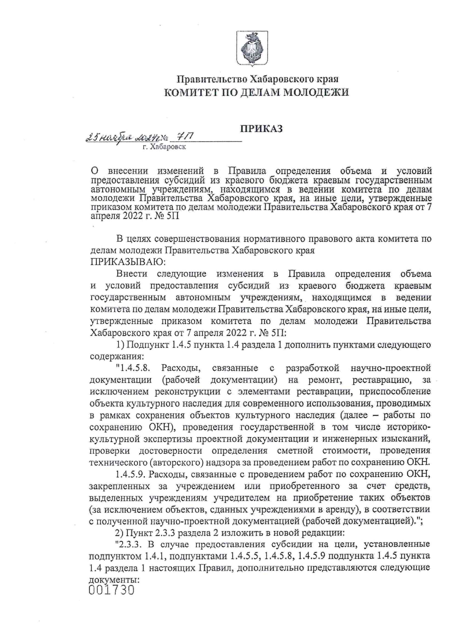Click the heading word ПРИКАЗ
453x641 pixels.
[262, 129]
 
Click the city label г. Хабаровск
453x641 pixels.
[164, 147]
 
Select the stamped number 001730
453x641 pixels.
[112, 590]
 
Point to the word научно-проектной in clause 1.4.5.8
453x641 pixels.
[391, 368]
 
